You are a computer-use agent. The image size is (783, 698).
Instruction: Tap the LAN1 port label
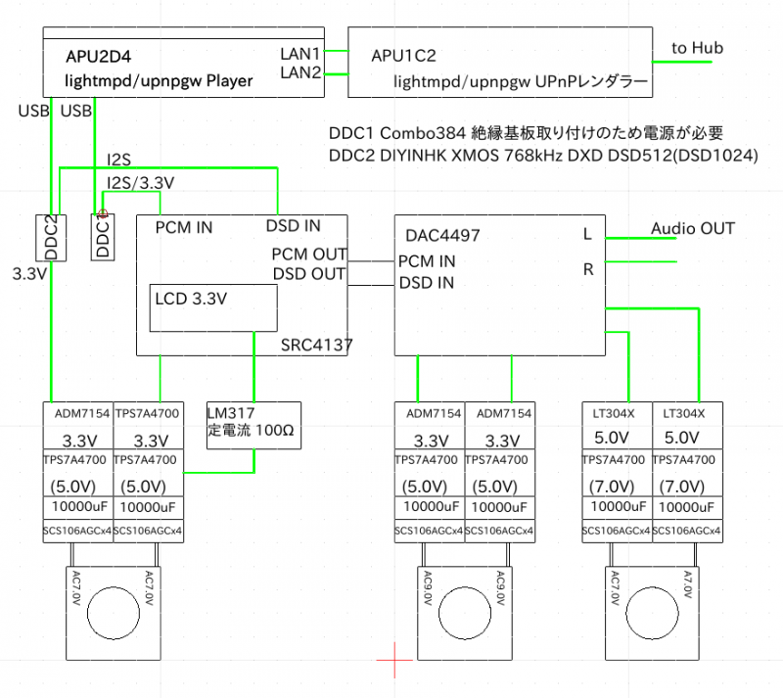click(300, 52)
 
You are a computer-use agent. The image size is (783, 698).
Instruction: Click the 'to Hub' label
click(697, 47)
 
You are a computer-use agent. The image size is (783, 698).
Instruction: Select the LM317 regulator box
click(253, 426)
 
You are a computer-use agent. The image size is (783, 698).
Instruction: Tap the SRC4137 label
click(316, 345)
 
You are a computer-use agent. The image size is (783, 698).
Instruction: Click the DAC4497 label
click(440, 235)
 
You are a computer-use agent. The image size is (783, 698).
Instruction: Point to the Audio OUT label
click(692, 229)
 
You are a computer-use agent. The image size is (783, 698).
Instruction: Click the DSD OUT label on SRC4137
click(308, 274)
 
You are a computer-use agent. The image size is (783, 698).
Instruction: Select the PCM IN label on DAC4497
click(427, 261)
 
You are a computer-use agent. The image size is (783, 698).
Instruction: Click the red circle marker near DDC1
click(101, 209)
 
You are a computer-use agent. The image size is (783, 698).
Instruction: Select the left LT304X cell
click(615, 413)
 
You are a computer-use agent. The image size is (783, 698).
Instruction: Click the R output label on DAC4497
click(588, 270)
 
